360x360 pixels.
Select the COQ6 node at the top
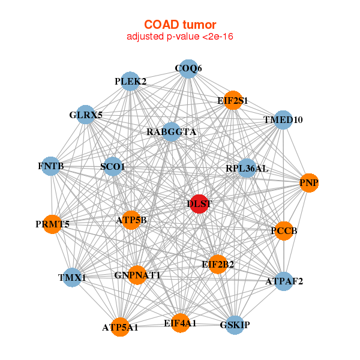pos(188,68)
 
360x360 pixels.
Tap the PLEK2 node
pos(130,81)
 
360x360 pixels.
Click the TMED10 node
pos(283,120)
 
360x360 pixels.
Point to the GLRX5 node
pos(86,115)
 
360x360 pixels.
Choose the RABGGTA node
pos(171,132)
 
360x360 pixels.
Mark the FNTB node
pos(50,166)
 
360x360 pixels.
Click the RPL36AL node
pos(247,169)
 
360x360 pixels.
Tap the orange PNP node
pos(308,182)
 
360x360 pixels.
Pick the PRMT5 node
pos(52,224)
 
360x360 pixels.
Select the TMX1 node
pos(72,277)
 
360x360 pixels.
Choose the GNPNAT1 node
pos(137,275)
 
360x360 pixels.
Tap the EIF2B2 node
pos(218,263)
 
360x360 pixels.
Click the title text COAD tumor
pos(180,25)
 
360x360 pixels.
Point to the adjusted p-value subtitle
pos(180,37)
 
